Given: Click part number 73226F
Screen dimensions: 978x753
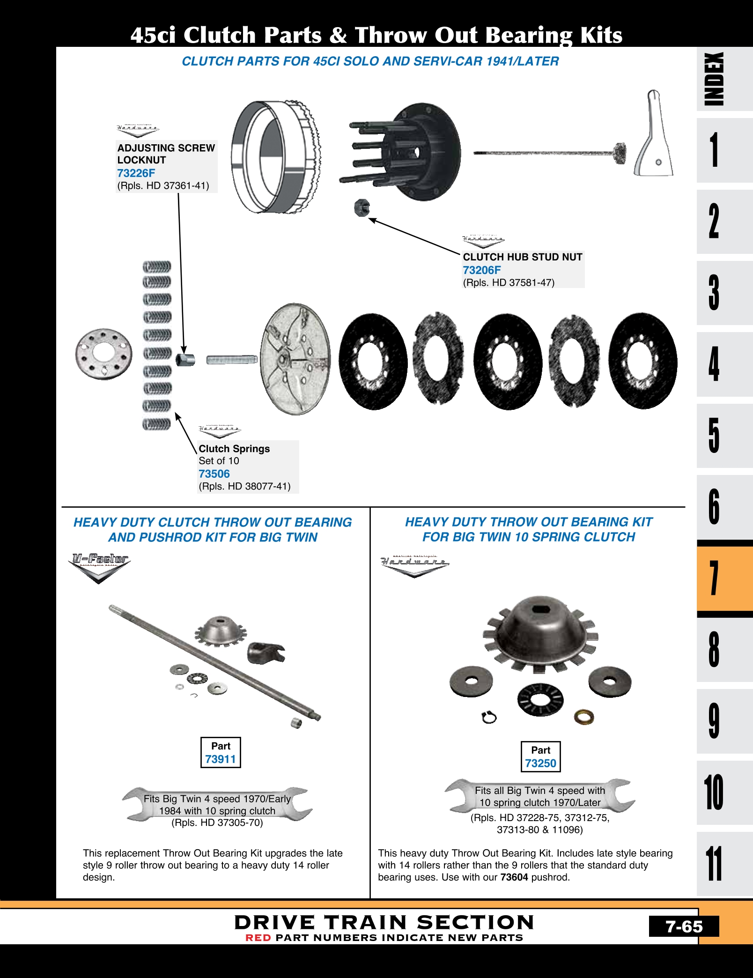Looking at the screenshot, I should [136, 173].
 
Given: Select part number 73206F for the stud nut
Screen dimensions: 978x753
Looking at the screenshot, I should [481, 270].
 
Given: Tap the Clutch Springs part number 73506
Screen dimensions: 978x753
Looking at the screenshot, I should [214, 474].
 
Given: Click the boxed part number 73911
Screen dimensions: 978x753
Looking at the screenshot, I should [221, 759].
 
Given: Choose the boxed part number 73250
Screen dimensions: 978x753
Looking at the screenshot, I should [540, 763].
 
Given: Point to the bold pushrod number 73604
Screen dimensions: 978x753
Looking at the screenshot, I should [514, 877].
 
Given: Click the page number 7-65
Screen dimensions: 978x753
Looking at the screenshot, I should [684, 926].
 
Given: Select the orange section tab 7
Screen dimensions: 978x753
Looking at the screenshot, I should [714, 578].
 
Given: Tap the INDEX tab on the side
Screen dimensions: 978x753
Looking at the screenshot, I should [714, 79].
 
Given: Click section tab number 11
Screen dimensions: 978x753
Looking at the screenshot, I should [714, 864].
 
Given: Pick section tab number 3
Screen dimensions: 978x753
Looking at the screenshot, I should [714, 292].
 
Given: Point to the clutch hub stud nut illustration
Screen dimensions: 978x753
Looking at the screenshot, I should [362, 207].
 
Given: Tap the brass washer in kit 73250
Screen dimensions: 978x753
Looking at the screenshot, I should [584, 717].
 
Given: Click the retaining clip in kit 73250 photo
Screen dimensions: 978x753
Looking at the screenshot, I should [489, 717].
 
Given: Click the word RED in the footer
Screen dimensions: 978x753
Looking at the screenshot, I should [258, 938].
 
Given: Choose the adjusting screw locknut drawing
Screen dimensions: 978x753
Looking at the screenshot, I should [185, 360].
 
